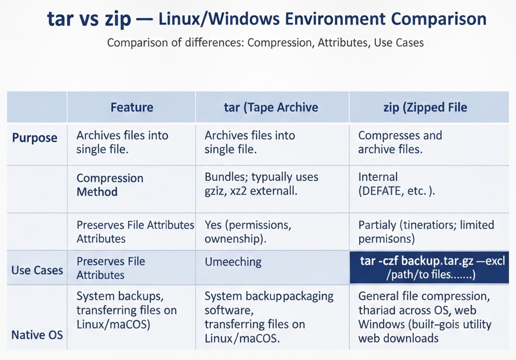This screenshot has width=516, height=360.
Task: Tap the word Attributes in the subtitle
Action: coord(343,43)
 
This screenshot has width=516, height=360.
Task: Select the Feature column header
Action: coord(132,107)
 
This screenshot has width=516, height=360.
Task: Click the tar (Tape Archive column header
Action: coord(271,108)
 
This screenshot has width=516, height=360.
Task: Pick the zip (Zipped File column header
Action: coord(425,108)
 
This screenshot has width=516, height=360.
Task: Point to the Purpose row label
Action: coord(34,137)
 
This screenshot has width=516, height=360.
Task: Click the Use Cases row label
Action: coord(37,270)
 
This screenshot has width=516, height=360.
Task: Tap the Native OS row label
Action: coord(37,335)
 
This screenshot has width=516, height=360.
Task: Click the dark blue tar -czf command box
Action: coord(429,267)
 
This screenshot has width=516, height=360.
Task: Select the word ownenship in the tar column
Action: coord(233,239)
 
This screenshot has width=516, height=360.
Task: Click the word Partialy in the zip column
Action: coord(377,225)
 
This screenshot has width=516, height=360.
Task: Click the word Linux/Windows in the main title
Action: coord(217,19)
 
